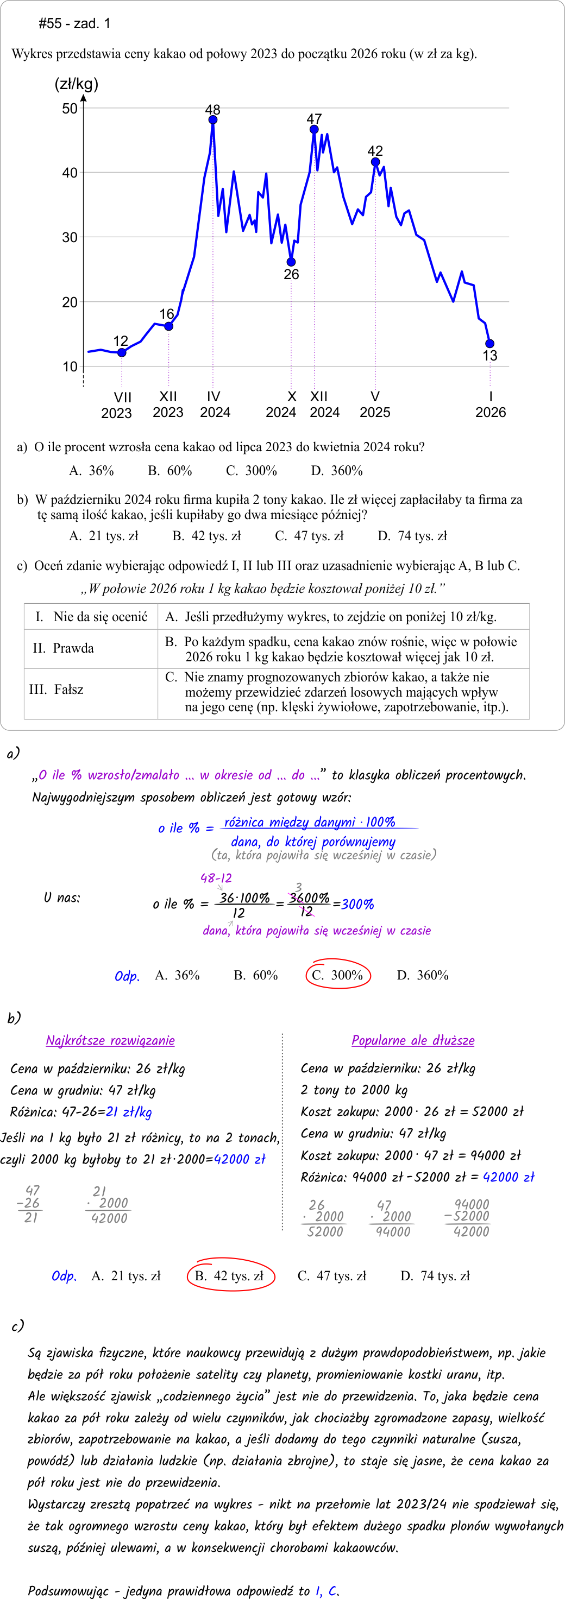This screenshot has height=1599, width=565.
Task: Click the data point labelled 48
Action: click(x=213, y=120)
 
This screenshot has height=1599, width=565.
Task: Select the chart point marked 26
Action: click(x=291, y=262)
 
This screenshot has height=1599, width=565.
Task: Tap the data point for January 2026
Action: click(x=490, y=343)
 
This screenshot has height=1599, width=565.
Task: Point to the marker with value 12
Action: click(x=122, y=352)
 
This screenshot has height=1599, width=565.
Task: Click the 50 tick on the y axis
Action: click(x=70, y=109)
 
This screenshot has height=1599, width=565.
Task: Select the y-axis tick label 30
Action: click(x=70, y=238)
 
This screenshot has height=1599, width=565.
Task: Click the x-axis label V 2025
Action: click(x=375, y=404)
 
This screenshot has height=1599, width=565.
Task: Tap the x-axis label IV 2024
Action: click(x=215, y=404)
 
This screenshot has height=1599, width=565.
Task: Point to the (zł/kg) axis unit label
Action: click(x=77, y=84)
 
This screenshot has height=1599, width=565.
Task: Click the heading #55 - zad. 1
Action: click(x=74, y=23)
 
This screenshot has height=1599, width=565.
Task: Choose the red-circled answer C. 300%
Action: click(x=338, y=975)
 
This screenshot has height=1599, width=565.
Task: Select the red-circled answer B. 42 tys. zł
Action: click(x=230, y=1275)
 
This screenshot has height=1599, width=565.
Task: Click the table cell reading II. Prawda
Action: click(x=64, y=648)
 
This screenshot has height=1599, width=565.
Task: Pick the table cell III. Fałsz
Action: click(x=56, y=689)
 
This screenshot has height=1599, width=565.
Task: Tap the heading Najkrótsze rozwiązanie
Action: click(x=110, y=1040)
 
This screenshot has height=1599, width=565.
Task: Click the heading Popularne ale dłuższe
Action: click(x=413, y=1040)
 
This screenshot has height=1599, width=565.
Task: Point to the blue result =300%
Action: click(x=354, y=904)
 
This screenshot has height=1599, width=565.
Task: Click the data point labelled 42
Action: click(x=375, y=162)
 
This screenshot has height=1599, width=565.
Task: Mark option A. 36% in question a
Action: click(x=91, y=471)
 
